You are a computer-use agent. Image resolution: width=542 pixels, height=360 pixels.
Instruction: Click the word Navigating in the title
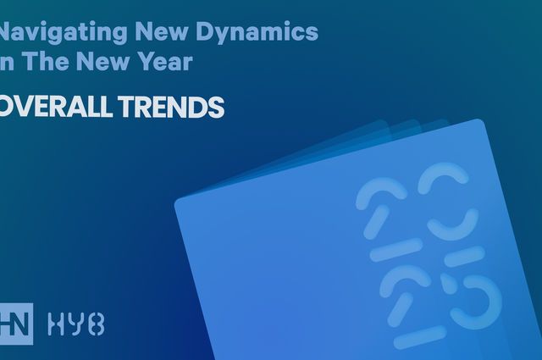point(47,33)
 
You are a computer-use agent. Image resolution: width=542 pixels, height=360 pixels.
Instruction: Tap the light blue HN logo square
point(17,323)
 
